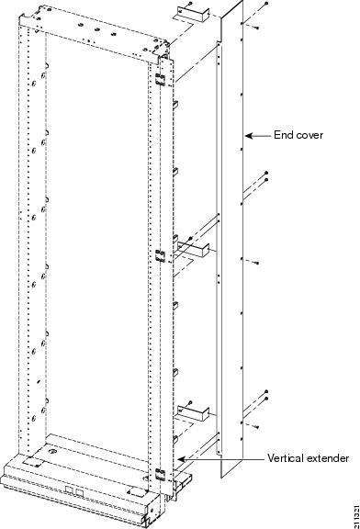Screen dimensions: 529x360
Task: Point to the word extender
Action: tap(327, 457)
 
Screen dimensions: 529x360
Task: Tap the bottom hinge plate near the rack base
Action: tap(160, 475)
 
